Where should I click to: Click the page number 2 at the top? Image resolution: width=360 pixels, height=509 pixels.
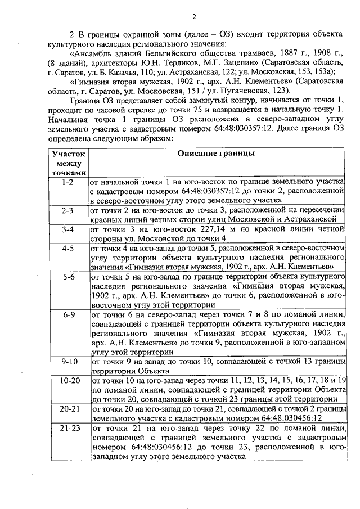pos(193,15)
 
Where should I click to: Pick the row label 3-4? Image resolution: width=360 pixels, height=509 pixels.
pos(69,229)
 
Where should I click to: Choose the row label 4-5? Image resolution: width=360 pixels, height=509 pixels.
pos(69,248)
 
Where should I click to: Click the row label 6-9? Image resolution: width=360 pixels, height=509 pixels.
pos(69,314)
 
